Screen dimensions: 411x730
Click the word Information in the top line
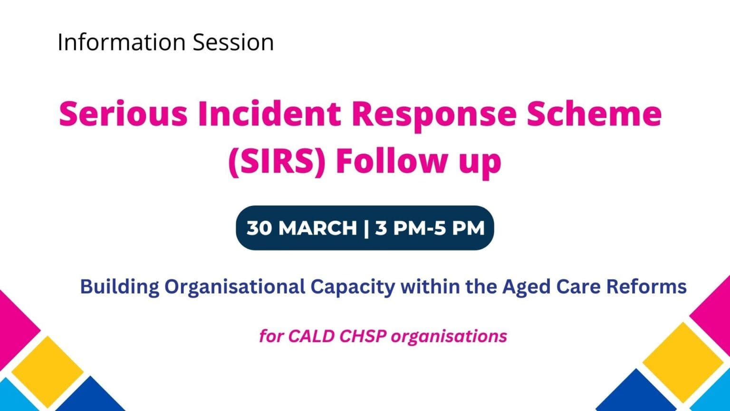coord(122,42)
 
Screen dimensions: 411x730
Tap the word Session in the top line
coord(233,42)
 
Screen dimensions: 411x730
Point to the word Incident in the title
coord(269,114)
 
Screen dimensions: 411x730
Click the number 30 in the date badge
coord(259,228)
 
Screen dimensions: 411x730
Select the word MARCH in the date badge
coord(317,228)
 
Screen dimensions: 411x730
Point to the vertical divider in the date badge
coord(366,228)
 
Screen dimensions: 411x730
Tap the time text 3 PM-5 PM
coord(430,228)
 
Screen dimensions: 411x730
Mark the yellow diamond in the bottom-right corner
coord(683,362)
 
